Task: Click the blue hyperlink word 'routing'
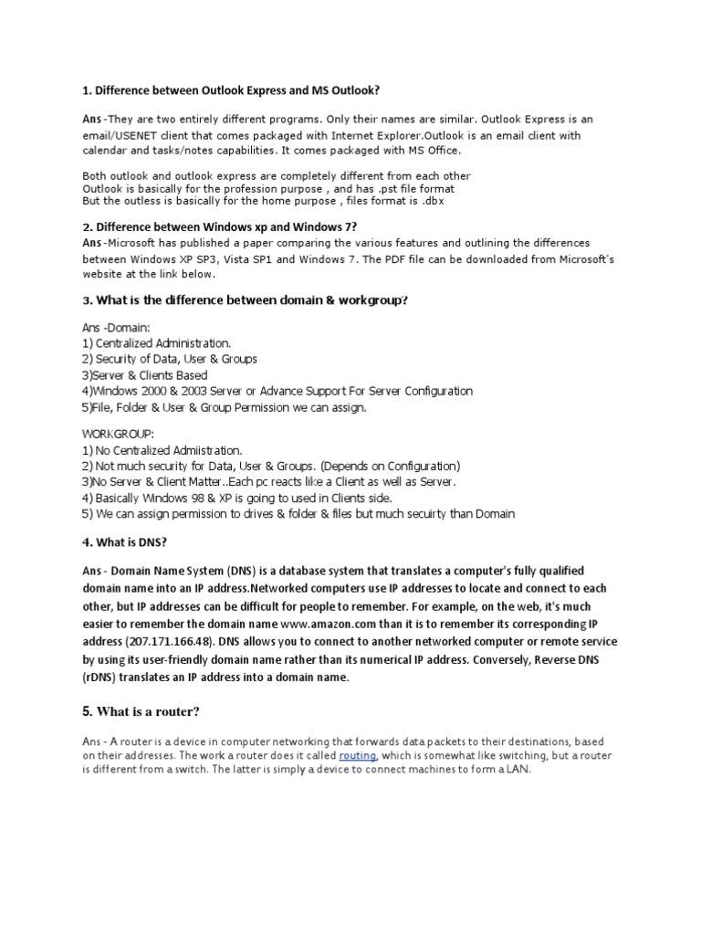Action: coord(356,756)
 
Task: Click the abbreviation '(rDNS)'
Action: coord(102,678)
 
